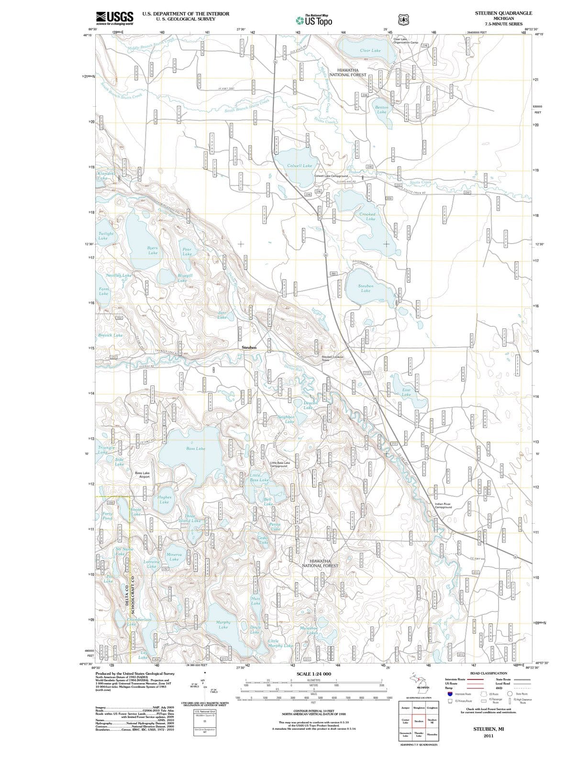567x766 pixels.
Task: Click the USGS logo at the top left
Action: tap(114, 18)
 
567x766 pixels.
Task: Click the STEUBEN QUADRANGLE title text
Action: tap(503, 13)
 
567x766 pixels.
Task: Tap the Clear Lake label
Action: tap(370, 50)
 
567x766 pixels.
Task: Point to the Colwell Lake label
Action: tap(299, 166)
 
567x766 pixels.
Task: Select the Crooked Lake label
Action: tap(367, 216)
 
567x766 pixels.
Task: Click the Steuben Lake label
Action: tap(366, 288)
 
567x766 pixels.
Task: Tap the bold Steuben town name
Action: tap(249, 347)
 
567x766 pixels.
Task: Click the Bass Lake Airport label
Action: tap(143, 475)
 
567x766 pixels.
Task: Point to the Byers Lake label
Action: tap(152, 250)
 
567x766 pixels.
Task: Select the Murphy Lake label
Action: tap(223, 625)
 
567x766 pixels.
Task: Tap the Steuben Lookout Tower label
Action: tap(332, 359)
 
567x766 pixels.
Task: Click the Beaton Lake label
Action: tap(382, 110)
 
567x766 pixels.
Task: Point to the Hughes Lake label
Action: tap(165, 500)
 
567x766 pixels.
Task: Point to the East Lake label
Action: tap(406, 392)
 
